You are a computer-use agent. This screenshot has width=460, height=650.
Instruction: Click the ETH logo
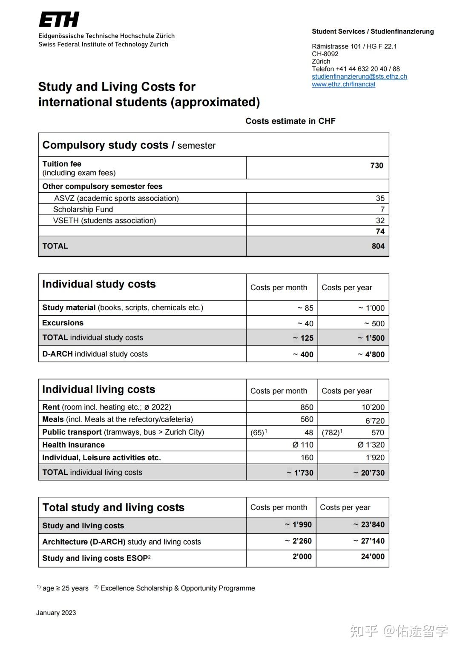(x=59, y=20)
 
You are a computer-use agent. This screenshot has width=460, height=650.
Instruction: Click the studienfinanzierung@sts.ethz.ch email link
(x=359, y=77)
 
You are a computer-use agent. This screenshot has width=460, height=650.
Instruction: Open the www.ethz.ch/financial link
(x=343, y=84)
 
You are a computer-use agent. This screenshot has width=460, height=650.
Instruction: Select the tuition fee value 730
(x=377, y=165)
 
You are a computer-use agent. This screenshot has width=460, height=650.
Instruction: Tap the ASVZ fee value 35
(x=380, y=198)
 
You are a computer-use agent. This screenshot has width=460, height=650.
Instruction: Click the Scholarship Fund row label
(x=83, y=209)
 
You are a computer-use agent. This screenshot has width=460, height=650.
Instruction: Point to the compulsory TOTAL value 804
(x=378, y=246)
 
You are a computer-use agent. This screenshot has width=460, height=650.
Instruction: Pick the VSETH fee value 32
(x=380, y=220)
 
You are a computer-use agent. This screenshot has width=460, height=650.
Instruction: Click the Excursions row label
(x=63, y=323)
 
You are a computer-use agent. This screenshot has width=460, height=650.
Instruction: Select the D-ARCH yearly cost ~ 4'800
(x=371, y=354)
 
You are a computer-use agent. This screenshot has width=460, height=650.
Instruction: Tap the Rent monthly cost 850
(x=307, y=407)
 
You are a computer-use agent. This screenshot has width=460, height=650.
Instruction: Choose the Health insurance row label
(x=73, y=445)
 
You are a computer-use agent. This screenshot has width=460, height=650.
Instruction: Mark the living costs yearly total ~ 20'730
(x=369, y=473)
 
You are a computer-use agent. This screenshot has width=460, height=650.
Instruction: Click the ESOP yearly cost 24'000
(x=372, y=557)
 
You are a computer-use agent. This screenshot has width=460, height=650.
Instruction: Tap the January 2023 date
(x=56, y=613)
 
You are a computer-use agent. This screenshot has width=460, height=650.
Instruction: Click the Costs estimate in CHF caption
(x=290, y=121)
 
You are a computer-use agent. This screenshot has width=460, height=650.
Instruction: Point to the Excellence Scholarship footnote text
(x=177, y=588)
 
